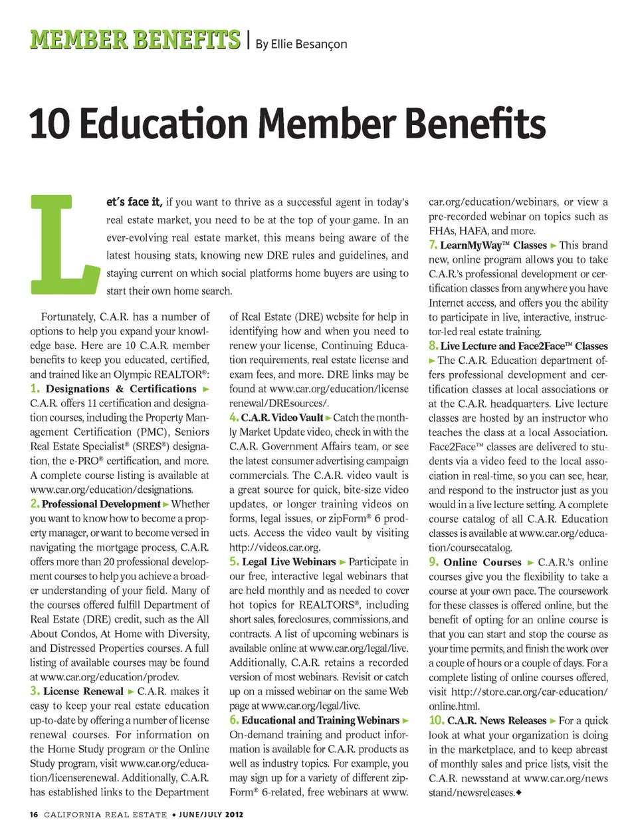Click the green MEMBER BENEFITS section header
[135, 40]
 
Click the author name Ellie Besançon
[301, 45]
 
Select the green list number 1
[35, 389]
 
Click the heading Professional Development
[101, 504]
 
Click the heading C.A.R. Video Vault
[282, 418]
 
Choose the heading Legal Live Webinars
[288, 562]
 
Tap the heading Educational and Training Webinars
[320, 720]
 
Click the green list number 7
[433, 245]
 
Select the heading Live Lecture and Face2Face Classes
[524, 346]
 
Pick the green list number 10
[436, 720]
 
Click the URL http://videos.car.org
[274, 547]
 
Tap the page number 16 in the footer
[34, 815]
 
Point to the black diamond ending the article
[518, 793]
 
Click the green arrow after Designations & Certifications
[206, 389]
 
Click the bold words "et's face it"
[134, 202]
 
